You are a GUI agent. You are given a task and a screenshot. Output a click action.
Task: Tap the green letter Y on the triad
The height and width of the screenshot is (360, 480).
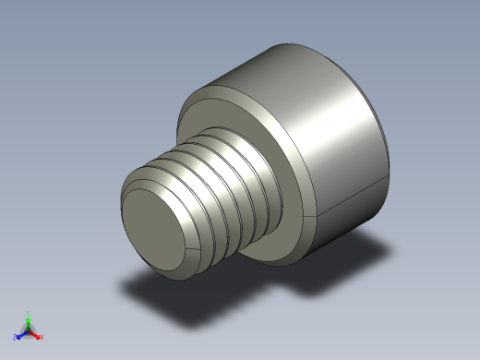point(29,313)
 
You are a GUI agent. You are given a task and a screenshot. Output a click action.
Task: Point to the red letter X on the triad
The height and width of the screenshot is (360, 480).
point(42,337)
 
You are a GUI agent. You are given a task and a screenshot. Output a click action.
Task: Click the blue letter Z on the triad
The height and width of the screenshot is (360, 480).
point(15,337)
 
